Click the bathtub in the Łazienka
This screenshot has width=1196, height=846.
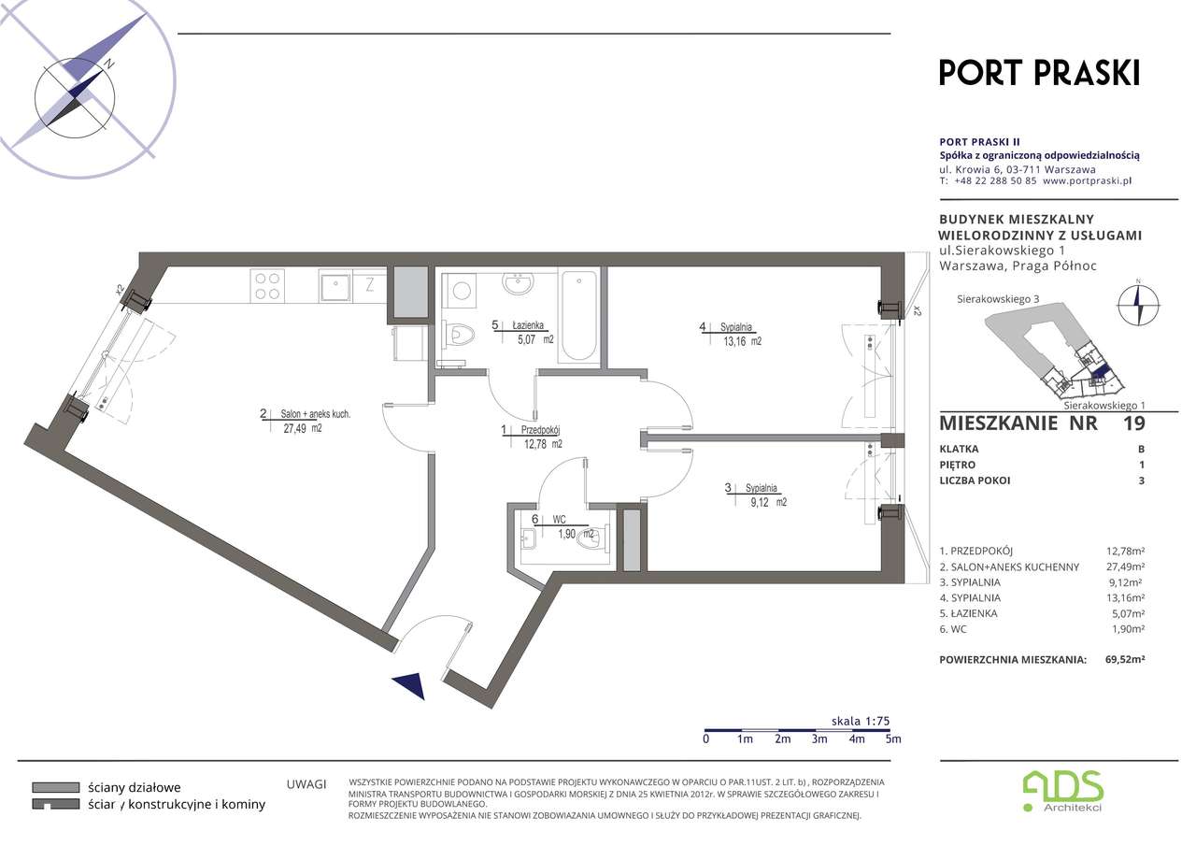[579, 316]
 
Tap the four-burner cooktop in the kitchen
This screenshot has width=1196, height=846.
[267, 286]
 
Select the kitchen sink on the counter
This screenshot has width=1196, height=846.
[335, 286]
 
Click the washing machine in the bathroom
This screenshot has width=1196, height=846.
[461, 291]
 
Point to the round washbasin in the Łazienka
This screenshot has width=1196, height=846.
[518, 283]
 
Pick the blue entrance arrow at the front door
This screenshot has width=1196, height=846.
[410, 686]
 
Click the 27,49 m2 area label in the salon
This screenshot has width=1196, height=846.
[303, 428]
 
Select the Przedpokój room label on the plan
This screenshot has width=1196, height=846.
[540, 430]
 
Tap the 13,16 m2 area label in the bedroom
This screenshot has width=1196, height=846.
[742, 341]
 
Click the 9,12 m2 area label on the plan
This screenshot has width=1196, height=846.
[768, 502]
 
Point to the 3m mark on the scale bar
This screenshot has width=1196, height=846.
[819, 739]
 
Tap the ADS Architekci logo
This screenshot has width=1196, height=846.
[1063, 791]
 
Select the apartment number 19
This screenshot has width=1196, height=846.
[1134, 423]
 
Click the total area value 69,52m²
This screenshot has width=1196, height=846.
[1125, 659]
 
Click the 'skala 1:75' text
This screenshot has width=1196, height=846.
[861, 721]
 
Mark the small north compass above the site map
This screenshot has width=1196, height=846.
[1138, 305]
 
